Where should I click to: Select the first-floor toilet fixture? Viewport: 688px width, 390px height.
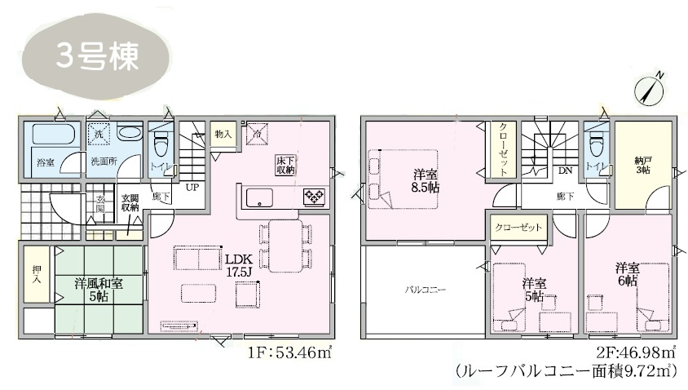(159, 145)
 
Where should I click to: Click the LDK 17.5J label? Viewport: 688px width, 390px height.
(236, 264)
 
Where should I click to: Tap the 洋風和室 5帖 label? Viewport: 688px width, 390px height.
(99, 290)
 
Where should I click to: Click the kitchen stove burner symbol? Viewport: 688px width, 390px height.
(313, 196)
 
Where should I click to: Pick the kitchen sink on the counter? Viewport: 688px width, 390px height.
(260, 197)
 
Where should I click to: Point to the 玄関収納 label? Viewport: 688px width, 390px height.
(130, 203)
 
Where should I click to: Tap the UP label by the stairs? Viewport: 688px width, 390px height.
(192, 187)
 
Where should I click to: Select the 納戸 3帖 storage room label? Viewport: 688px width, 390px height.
(643, 164)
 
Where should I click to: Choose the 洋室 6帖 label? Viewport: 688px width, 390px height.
(627, 275)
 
